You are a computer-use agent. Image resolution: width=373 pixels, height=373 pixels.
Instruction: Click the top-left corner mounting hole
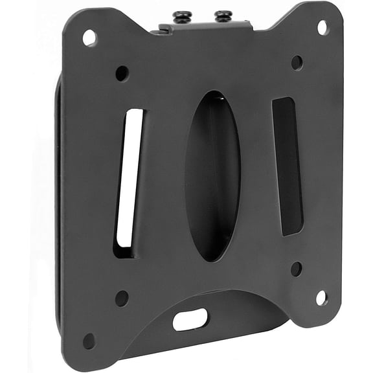click(x=89, y=38)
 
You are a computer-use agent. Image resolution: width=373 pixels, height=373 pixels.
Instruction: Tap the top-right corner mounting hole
click(x=322, y=27)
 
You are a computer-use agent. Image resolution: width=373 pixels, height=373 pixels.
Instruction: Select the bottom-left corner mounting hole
click(x=89, y=341)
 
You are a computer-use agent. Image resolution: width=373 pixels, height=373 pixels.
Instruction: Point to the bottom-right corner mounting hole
click(x=321, y=297)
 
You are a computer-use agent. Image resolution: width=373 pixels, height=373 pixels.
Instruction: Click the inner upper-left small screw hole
click(x=122, y=73)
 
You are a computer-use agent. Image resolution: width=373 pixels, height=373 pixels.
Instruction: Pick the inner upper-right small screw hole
click(x=297, y=62)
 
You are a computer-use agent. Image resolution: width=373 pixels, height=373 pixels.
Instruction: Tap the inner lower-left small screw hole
click(x=121, y=298)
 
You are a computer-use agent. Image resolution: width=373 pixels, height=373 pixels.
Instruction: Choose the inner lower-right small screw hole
click(x=296, y=268)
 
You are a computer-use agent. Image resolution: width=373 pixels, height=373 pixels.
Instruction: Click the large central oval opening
click(x=212, y=176)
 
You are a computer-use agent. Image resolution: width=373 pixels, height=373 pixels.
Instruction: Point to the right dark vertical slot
click(x=288, y=166)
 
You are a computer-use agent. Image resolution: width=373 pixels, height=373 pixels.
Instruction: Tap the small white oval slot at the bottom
click(x=190, y=319)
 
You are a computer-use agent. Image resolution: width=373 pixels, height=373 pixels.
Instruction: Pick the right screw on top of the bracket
click(x=224, y=15)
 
